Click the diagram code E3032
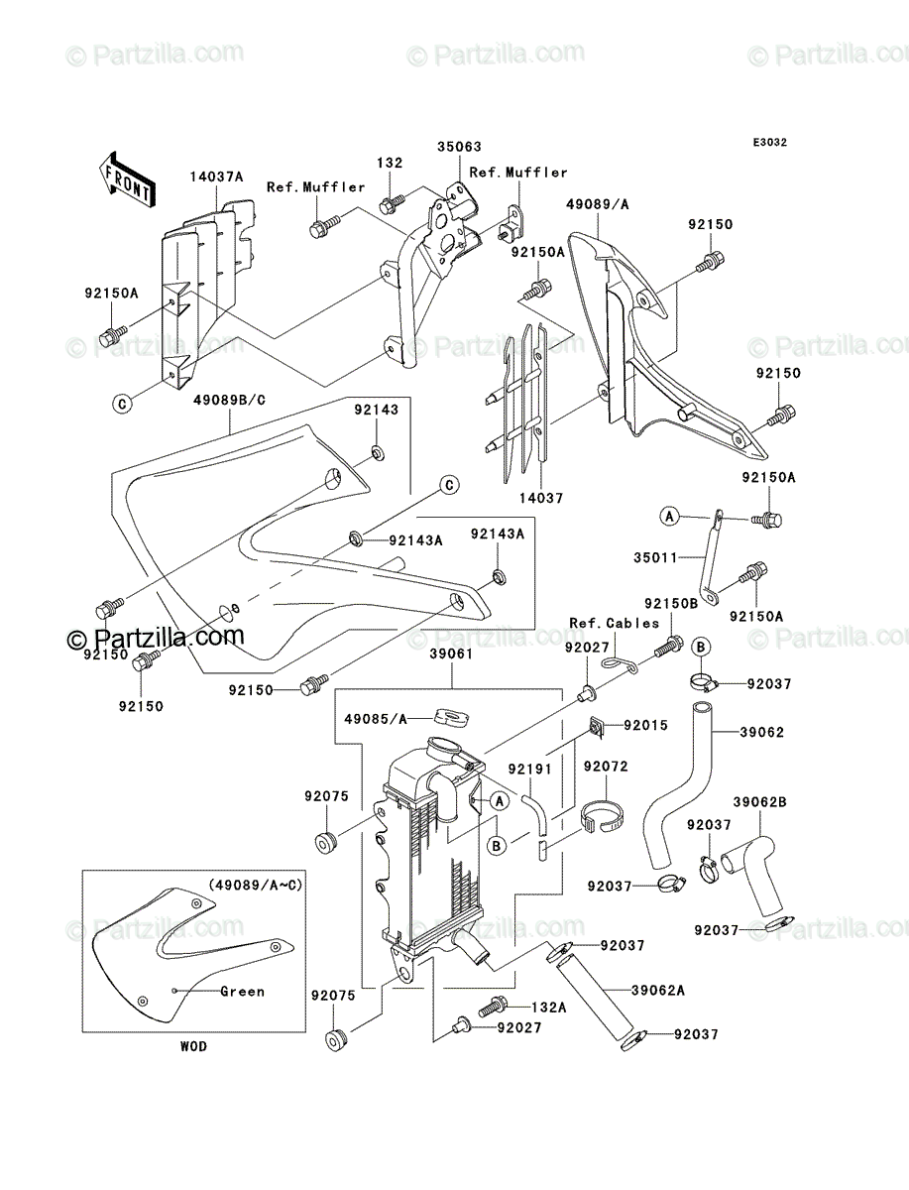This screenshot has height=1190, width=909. (769, 143)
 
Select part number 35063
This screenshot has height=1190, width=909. (459, 147)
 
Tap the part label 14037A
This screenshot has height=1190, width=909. (217, 177)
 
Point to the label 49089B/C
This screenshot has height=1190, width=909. (230, 401)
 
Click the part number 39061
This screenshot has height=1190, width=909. (451, 654)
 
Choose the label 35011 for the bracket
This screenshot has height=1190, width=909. (655, 557)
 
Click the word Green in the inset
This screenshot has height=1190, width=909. (242, 992)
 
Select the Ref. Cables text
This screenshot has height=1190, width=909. (615, 624)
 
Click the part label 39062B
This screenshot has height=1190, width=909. (760, 802)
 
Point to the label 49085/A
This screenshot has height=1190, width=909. (376, 719)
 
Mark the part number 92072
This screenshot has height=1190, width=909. (606, 767)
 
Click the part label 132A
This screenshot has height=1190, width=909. (548, 1008)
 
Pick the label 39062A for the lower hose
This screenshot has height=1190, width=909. (658, 991)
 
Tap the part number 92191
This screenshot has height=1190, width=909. (530, 770)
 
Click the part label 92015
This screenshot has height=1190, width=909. (645, 725)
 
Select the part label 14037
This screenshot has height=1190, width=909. (541, 498)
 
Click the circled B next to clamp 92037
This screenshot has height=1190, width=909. (701, 647)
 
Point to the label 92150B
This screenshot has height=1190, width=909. (671, 603)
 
